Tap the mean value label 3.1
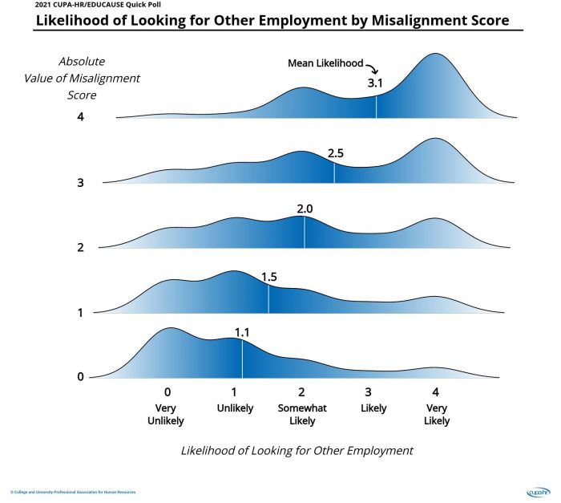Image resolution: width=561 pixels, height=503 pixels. coord(376,83)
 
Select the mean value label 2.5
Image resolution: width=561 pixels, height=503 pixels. coord(336,152)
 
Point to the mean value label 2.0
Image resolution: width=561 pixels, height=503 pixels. coord(305,209)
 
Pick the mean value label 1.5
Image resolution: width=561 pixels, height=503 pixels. coord(269,277)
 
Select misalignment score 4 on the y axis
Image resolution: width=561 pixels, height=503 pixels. coord(80,117)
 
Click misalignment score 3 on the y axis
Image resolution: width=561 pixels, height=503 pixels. coord(80,182)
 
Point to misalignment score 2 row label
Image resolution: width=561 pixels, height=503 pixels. coord(80,247)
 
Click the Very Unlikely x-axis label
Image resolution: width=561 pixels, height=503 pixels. coord(167,414)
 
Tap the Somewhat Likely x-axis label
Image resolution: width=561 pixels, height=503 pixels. coord(301,414)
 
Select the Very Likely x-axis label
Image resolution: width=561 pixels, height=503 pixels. coord(435,414)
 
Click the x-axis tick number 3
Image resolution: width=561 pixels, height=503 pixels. coord(368,392)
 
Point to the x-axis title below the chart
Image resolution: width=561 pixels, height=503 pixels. coord(297,451)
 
